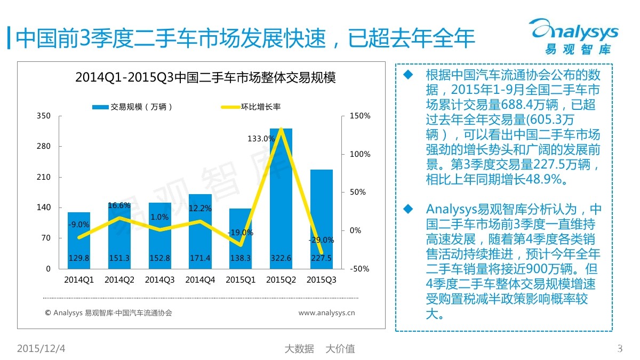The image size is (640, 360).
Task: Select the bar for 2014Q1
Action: coord(78,240)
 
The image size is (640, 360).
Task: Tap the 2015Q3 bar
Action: coord(321,219)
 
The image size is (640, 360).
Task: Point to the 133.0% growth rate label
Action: coord(261,139)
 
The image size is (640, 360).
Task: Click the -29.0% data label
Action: coord(321,240)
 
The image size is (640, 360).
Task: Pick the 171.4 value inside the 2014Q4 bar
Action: coord(200,258)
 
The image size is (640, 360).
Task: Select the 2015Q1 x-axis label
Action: coord(241,279)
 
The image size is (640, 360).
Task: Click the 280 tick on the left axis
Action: coord(44,147)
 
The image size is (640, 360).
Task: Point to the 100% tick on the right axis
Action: coord(359,154)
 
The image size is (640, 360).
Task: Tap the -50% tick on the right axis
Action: coord(360,269)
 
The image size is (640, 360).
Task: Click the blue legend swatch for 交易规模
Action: coord(100,107)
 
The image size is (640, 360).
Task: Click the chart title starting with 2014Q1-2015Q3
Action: coord(205,77)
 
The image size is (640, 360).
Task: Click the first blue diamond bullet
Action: coord(409,74)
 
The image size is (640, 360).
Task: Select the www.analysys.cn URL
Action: coord(326,313)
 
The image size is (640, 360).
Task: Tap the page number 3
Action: coord(620,349)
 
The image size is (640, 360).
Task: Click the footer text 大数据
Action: coord(299,349)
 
